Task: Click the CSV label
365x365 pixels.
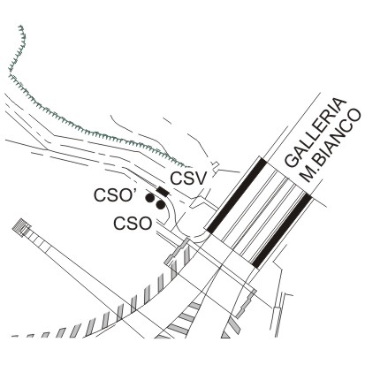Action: coord(187,179)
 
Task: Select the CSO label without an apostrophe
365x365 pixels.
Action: coord(133,224)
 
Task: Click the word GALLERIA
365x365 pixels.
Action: coord(315,133)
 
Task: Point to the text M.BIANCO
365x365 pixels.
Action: coord(331,146)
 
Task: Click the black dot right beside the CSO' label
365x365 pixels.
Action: coord(149,198)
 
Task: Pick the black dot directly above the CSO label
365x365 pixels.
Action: coord(160,205)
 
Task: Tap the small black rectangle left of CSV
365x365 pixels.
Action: coord(163,191)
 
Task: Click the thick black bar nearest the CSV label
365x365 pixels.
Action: coord(236,196)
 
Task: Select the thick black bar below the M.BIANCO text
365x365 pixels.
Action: coord(282,231)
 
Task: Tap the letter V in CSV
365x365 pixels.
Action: coord(199,179)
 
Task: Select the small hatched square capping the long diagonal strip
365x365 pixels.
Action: coord(22,227)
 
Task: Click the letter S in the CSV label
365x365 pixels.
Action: coord(187,179)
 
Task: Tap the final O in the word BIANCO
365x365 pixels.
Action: coord(354,117)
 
